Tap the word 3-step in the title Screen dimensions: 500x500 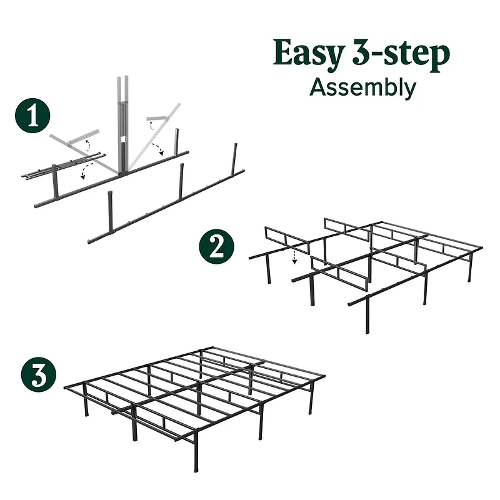point(400,55)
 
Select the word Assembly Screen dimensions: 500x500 point(362,87)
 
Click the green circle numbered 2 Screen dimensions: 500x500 point(217,248)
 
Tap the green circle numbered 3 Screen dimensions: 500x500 point(36,376)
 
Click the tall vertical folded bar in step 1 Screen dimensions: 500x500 point(121,125)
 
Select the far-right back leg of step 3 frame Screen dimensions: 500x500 point(311,400)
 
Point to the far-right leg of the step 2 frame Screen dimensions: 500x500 point(470,266)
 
